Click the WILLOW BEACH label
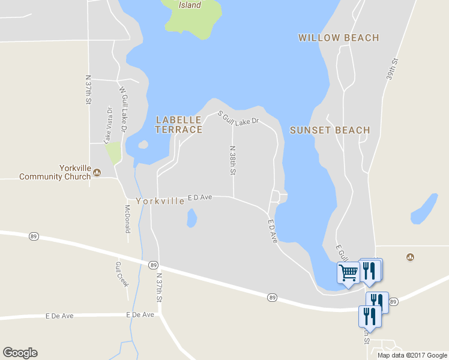click(339, 38)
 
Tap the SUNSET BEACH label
click(330, 130)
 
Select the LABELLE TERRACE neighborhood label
click(179, 125)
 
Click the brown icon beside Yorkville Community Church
click(97, 173)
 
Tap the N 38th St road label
click(233, 160)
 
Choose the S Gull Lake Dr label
click(238, 118)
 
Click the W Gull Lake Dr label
click(123, 110)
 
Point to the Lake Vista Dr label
click(109, 125)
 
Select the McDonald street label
click(127, 219)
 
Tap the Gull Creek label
click(122, 274)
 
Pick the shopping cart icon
click(348, 273)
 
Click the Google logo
click(20, 353)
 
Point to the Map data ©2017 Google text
click(412, 355)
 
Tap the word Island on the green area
click(190, 5)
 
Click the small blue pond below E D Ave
click(191, 218)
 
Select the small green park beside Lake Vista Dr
click(113, 153)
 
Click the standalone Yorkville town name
click(160, 202)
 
